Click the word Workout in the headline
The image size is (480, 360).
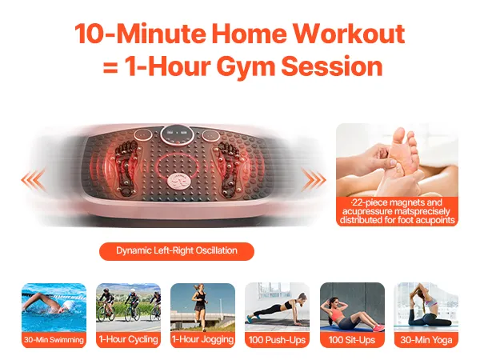(x=349, y=34)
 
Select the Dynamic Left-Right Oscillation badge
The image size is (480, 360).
(x=177, y=251)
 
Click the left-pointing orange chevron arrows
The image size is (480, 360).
(x=34, y=179)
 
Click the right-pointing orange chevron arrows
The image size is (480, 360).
(x=314, y=179)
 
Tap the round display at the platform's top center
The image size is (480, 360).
(x=177, y=135)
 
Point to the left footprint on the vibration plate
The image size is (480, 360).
(x=126, y=168)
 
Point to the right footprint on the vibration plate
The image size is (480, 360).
(x=228, y=168)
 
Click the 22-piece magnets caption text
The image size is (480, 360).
(x=397, y=211)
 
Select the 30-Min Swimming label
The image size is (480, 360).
(x=54, y=340)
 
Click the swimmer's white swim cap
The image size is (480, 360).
(x=69, y=305)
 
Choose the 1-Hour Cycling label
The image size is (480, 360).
(x=128, y=339)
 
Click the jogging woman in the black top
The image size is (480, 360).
(x=200, y=306)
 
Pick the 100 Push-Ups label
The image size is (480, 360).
(x=277, y=340)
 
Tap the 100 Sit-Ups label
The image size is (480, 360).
(x=352, y=340)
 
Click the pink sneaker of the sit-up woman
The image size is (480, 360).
(x=378, y=328)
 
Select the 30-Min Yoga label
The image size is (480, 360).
(x=426, y=340)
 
